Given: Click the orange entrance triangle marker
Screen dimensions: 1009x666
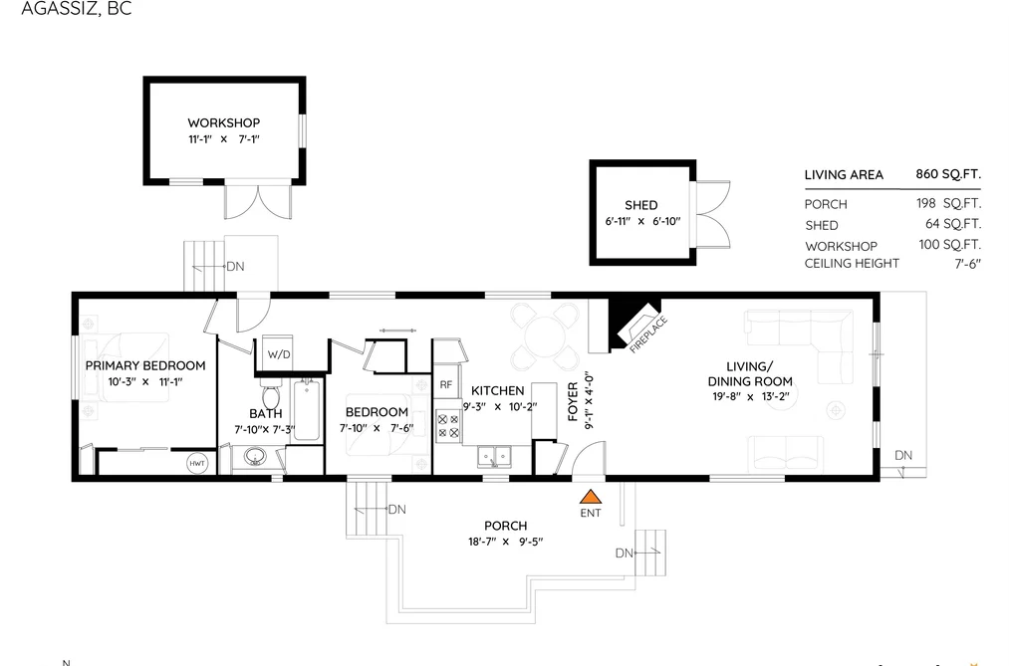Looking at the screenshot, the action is pos(590,497).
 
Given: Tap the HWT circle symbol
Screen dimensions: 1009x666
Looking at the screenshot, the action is pos(197,463).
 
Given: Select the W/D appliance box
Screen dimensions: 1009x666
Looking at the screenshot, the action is pos(279,353).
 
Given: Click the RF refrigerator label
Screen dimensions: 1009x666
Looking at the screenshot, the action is pos(446,385).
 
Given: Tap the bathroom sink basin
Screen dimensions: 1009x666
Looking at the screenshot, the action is pos(255,457).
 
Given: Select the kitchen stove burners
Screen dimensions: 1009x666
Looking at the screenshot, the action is pos(448,425).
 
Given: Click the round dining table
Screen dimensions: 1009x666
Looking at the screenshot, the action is pos(545,335).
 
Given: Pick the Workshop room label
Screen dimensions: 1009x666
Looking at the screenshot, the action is pos(224,122).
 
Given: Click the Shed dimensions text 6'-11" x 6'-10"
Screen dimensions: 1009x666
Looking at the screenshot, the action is pos(641,221).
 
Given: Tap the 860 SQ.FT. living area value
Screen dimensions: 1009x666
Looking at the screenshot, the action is pos(948,174).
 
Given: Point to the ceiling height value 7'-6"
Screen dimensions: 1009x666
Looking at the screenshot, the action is pos(967,264).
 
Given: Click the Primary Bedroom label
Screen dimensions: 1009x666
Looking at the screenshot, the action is pos(145,365).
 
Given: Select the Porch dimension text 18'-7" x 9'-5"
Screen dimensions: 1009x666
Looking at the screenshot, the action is pos(506,542).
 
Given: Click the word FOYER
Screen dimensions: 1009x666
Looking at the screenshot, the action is pos(573,402).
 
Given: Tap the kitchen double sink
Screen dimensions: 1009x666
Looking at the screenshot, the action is pos(494,456).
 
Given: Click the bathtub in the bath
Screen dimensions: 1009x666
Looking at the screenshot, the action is pos(307,409).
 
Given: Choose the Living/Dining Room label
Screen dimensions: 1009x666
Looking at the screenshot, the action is pos(750,373).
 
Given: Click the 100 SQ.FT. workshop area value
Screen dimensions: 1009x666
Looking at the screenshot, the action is pos(950,244).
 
